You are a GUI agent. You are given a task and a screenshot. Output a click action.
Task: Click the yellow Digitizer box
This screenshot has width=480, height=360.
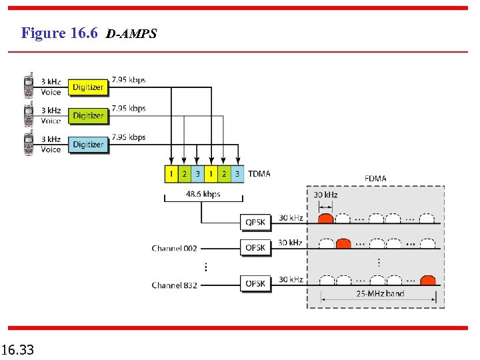(x=88, y=87)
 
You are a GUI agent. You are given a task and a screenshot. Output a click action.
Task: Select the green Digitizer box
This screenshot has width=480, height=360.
(x=88, y=115)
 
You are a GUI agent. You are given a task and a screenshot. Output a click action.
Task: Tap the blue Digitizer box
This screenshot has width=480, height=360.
(x=88, y=144)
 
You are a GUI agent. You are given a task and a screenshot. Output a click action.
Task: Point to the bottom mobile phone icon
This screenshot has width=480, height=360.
(x=29, y=144)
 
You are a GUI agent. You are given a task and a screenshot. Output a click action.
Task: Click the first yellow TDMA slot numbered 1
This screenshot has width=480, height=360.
(x=171, y=174)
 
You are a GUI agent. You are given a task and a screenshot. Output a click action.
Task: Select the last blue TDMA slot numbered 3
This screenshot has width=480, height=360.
(x=237, y=174)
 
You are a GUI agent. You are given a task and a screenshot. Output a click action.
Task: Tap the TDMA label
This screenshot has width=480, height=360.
(x=259, y=174)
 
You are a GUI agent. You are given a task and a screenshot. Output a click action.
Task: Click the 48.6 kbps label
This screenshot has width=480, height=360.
(x=203, y=194)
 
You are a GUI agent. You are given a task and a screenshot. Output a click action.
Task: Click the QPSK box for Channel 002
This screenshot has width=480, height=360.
(x=255, y=247)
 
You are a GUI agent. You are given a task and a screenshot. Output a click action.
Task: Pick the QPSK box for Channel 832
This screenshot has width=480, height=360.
(x=255, y=283)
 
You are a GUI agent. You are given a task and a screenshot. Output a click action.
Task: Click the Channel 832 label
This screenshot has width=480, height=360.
(x=174, y=285)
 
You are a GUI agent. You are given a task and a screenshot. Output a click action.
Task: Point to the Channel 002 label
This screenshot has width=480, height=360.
(x=174, y=249)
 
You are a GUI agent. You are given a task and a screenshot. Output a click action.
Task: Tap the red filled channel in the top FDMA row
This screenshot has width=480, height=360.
(x=326, y=218)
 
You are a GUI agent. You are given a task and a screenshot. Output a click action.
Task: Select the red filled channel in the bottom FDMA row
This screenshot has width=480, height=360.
(x=428, y=280)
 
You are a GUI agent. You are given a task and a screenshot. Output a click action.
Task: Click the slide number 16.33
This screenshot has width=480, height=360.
(x=18, y=349)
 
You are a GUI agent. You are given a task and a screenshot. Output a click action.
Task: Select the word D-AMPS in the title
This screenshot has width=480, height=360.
(x=131, y=34)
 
